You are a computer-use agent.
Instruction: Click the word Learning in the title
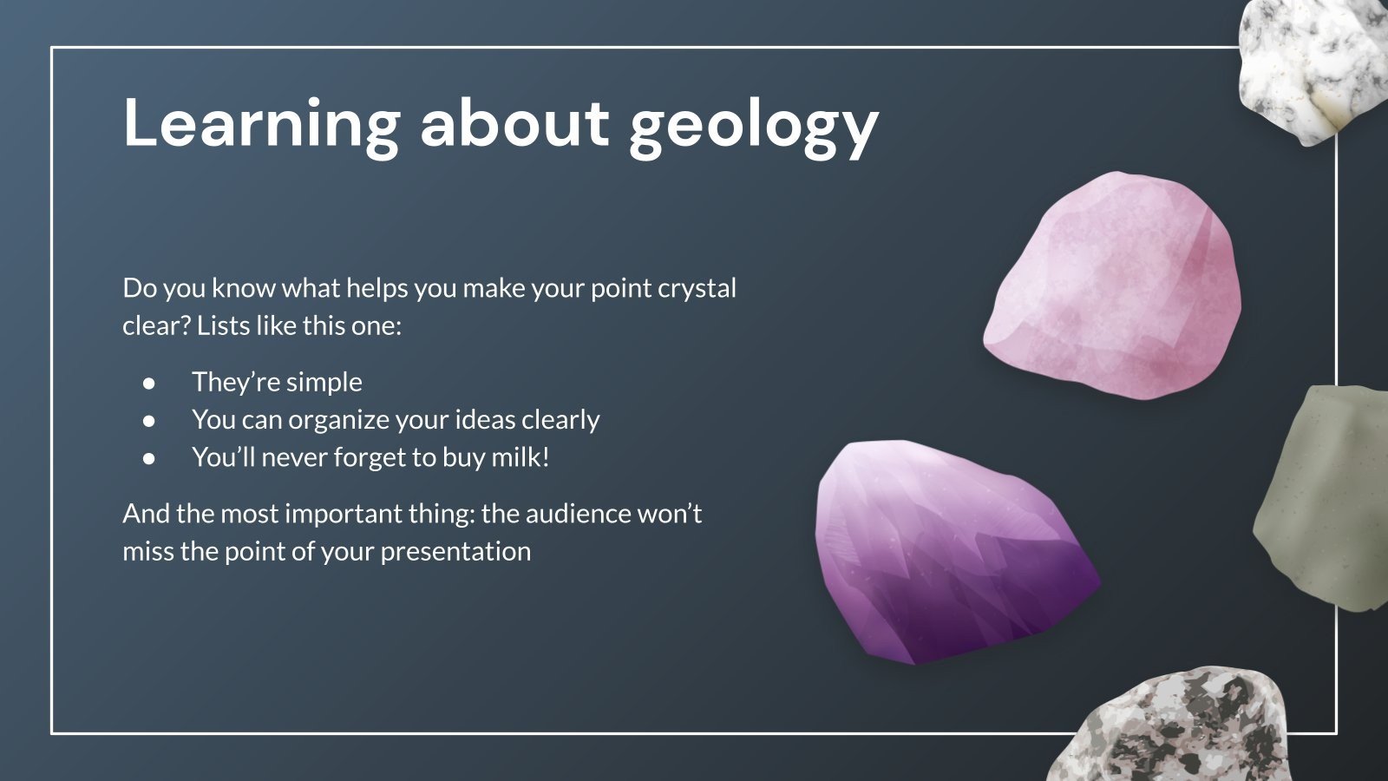(x=260, y=124)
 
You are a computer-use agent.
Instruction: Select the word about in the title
(x=514, y=124)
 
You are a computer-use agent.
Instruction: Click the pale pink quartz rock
(x=1115, y=286)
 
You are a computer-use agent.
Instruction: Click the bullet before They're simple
(x=150, y=382)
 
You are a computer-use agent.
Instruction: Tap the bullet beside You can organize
(x=150, y=420)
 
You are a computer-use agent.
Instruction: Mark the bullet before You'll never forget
(x=150, y=457)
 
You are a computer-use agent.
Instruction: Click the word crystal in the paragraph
(x=697, y=288)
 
